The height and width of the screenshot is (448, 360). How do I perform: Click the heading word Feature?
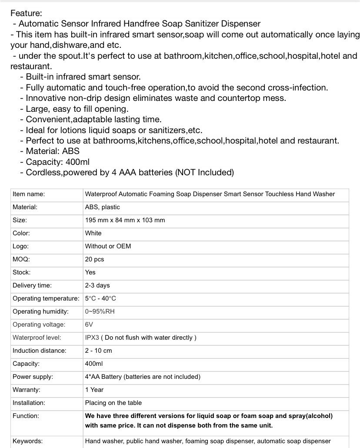click(26, 13)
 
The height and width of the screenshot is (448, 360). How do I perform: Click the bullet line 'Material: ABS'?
click(52, 151)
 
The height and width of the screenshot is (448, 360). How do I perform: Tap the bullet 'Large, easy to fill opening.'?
click(77, 109)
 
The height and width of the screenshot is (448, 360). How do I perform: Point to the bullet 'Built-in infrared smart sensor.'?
click(83, 77)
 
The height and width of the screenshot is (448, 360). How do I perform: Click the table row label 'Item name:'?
click(29, 194)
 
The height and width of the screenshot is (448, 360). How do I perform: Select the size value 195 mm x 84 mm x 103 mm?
click(125, 220)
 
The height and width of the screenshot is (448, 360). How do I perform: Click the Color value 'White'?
click(93, 233)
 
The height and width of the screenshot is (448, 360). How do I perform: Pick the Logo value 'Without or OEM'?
click(108, 246)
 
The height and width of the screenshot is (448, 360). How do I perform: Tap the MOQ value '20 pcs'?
click(94, 259)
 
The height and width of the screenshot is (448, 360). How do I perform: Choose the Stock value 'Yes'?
click(90, 272)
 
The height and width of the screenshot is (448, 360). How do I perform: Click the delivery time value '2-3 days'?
click(97, 285)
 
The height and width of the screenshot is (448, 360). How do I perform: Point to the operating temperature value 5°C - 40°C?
click(100, 298)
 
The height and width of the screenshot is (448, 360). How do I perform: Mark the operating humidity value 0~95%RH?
click(100, 311)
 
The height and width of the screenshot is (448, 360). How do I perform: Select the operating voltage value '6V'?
click(89, 324)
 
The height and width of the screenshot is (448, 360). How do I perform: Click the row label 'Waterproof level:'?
click(37, 338)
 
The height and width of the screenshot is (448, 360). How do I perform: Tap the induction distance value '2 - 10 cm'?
click(98, 351)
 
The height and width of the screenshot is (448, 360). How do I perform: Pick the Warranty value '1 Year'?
click(94, 390)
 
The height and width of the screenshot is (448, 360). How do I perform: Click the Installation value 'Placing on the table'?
click(113, 403)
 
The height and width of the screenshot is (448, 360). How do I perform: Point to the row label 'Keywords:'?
click(28, 441)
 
